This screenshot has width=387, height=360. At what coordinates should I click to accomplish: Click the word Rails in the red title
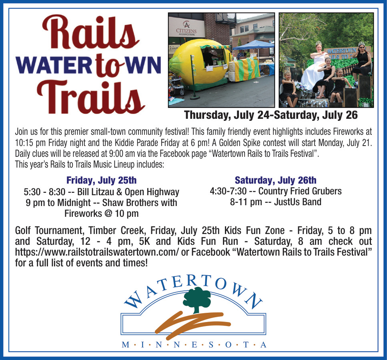tap(90, 32)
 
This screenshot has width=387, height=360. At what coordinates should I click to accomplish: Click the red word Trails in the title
tap(90, 97)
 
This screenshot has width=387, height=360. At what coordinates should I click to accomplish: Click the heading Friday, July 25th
tap(101, 180)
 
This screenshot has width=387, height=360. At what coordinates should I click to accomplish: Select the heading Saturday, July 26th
tap(275, 180)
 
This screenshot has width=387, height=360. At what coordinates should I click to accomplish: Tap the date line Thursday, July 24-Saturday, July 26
tap(271, 115)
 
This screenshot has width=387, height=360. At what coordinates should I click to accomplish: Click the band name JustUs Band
tap(298, 202)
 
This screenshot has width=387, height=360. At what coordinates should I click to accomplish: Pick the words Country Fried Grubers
tap(300, 191)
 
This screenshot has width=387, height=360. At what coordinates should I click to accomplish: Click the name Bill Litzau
tap(96, 192)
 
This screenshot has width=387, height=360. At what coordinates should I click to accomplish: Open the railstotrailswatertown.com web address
tap(97, 252)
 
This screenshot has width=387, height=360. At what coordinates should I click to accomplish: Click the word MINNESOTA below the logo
tap(194, 345)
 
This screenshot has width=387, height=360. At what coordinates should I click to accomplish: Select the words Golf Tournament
tap(48, 230)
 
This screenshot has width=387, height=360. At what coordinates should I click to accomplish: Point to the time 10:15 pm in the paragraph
tap(30, 143)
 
